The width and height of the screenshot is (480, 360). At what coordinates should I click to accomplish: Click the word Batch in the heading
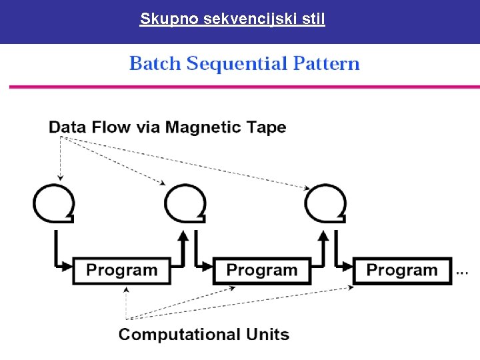pos(155,64)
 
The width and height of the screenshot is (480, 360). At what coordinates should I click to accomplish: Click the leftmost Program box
pos(121,271)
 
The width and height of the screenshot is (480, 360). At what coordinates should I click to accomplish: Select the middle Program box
pos(261,271)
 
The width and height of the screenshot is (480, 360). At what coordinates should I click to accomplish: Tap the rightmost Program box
pos(401,271)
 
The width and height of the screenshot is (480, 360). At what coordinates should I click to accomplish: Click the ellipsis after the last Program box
pos(462,271)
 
